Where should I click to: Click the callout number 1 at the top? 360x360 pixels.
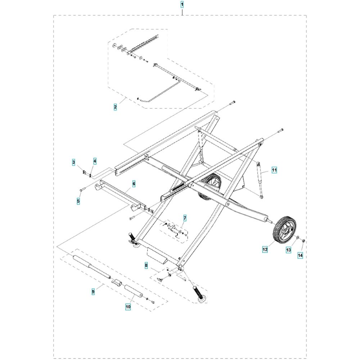click(182, 4)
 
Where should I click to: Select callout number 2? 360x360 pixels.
click(115, 107)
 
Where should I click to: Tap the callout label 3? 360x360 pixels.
click(73, 162)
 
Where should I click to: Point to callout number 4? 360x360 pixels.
click(95, 161)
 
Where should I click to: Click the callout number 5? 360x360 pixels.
click(78, 201)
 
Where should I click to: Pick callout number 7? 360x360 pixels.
click(185, 218)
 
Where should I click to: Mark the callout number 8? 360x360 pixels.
click(146, 266)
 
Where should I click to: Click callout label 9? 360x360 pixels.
click(93, 292)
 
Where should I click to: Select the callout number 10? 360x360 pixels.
click(128, 306)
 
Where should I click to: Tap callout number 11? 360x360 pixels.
click(274, 170)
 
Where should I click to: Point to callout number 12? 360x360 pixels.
click(265, 249)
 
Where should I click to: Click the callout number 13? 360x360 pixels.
click(288, 250)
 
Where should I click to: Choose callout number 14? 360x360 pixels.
click(300, 255)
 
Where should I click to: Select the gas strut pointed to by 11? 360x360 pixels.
click(260, 180)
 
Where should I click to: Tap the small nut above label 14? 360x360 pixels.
click(303, 240)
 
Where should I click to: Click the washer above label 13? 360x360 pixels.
click(297, 238)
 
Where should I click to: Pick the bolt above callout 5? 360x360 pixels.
click(82, 189)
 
